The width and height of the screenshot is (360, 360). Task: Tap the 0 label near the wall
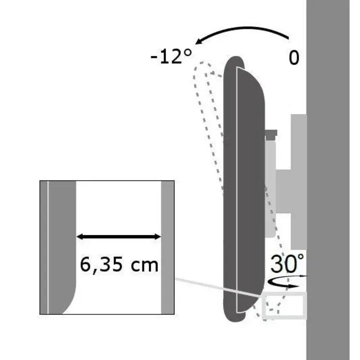[x=294, y=58]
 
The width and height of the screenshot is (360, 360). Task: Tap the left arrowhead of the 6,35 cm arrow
[x=80, y=237]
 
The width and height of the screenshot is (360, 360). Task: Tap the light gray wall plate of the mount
[x=298, y=180]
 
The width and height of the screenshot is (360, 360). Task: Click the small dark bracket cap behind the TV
[x=271, y=135]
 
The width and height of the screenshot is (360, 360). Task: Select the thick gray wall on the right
[x=333, y=180]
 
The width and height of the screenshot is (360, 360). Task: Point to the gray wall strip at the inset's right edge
[x=168, y=247]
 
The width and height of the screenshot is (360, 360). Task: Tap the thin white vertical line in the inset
[x=48, y=247]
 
